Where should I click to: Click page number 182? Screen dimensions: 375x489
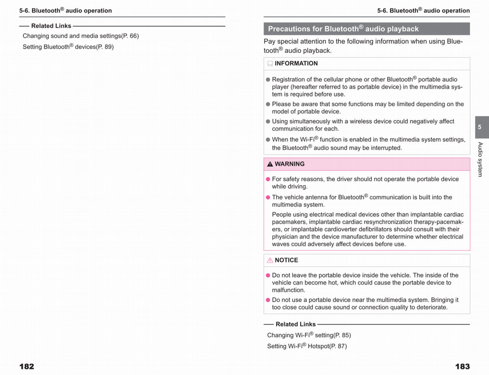click(x=27, y=366)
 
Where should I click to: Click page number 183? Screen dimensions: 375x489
click(x=462, y=366)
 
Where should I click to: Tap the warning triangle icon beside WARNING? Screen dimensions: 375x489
click(x=270, y=164)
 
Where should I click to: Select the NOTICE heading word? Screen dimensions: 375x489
click(x=286, y=260)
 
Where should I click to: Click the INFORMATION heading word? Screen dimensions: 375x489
click(x=296, y=64)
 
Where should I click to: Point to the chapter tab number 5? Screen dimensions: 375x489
click(x=480, y=127)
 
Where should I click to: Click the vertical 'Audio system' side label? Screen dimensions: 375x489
click(x=480, y=159)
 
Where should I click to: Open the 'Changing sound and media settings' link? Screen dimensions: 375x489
click(x=81, y=36)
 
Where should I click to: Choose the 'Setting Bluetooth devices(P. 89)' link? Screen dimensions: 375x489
click(x=68, y=47)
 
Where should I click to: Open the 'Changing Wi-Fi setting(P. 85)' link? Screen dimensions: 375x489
click(x=309, y=335)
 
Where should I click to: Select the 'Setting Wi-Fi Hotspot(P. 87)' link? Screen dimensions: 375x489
click(x=307, y=346)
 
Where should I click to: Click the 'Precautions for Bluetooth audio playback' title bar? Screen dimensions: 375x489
click(x=366, y=29)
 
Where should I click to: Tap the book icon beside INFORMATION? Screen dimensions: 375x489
click(x=270, y=64)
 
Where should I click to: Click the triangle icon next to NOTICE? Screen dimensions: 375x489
click(x=270, y=260)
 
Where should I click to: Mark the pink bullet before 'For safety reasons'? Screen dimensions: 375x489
click(x=268, y=179)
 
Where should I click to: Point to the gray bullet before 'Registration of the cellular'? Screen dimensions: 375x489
click(x=268, y=80)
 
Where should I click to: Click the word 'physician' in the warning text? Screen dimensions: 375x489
click(x=285, y=237)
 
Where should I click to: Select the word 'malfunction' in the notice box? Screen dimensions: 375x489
click(x=288, y=290)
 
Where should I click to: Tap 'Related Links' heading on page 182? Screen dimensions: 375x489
click(x=51, y=26)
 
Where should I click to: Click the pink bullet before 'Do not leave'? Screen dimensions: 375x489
click(x=268, y=276)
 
